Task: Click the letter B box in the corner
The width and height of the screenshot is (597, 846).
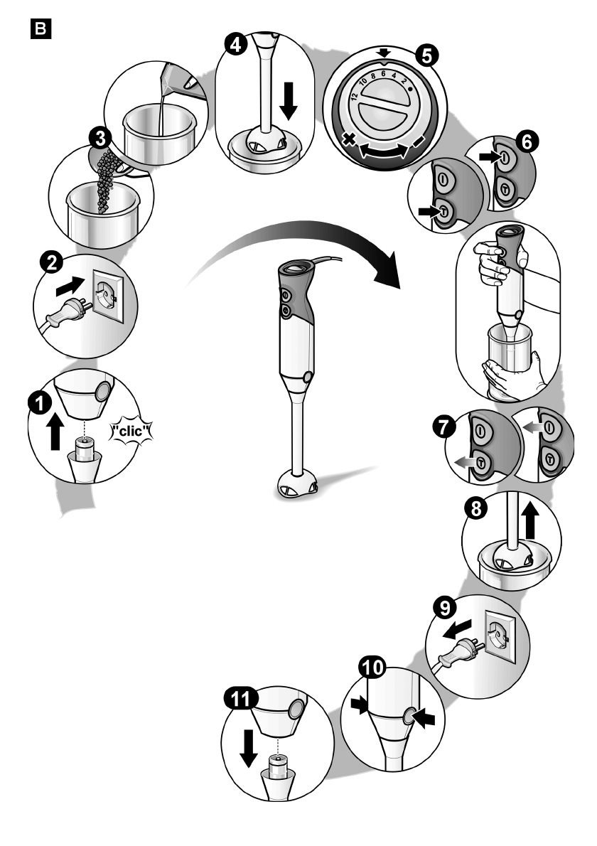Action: click(41, 29)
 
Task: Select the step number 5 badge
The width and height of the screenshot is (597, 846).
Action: click(426, 55)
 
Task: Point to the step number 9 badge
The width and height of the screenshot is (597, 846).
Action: click(445, 609)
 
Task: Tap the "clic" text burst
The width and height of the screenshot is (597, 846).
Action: click(131, 431)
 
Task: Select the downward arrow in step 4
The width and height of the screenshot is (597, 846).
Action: click(289, 100)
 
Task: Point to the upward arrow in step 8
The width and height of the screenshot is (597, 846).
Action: click(531, 520)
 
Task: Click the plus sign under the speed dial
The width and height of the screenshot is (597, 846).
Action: click(350, 141)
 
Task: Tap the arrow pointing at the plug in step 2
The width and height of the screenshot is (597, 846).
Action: click(70, 286)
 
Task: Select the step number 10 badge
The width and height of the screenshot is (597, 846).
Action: click(372, 668)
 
